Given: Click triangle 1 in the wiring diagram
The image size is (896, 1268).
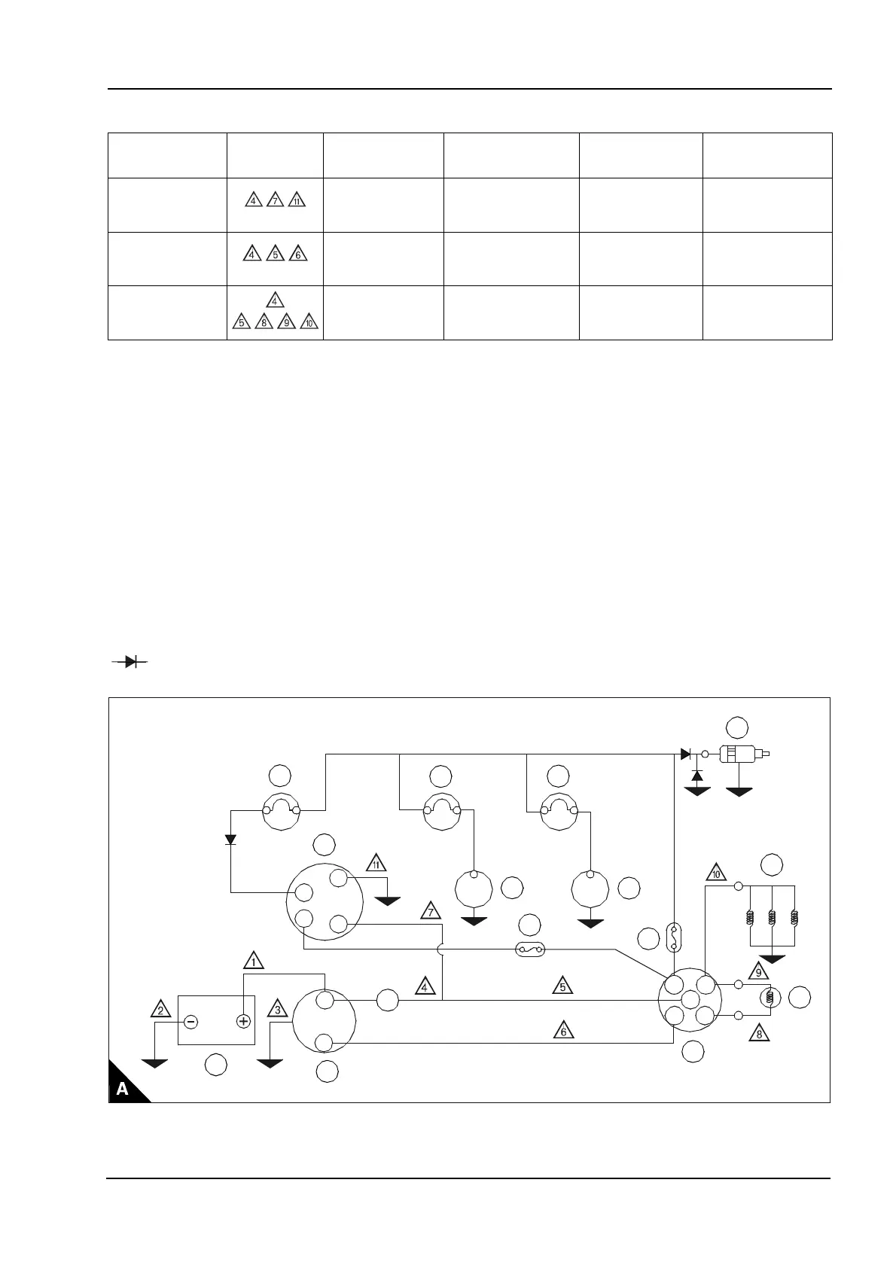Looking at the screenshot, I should tap(254, 960).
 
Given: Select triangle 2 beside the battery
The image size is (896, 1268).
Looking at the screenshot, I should tap(160, 1009).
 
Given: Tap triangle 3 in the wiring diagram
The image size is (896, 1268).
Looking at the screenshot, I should tap(277, 1009).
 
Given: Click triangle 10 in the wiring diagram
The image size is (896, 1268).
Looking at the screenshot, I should tap(716, 873).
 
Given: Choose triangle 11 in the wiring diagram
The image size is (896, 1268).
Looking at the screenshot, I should tap(376, 863).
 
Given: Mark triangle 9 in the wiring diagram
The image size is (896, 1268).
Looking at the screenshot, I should tap(759, 971).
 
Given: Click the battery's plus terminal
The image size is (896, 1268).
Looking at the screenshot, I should tap(243, 1022).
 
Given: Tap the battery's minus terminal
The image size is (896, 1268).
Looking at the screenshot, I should tap(190, 1022).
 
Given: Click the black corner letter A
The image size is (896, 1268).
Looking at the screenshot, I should tap(122, 1089).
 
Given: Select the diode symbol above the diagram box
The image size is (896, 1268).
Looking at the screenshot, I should tap(130, 662).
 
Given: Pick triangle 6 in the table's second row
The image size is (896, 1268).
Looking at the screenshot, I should tap(297, 255).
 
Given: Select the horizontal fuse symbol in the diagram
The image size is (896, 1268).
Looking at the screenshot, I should tap(529, 950).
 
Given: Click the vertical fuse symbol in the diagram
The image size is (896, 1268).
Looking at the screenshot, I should tap(673, 937).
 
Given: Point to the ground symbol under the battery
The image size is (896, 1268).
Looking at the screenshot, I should tap(155, 1063).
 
